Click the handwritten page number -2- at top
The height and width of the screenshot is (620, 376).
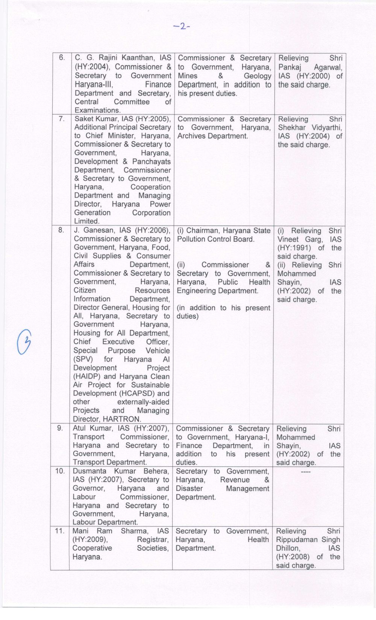click(x=182, y=26)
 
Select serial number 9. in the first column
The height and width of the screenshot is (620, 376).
click(x=60, y=428)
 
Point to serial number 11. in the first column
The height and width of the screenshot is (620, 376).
click(x=60, y=531)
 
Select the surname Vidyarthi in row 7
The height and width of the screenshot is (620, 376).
click(x=326, y=128)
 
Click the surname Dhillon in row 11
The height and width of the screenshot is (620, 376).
click(x=288, y=548)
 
